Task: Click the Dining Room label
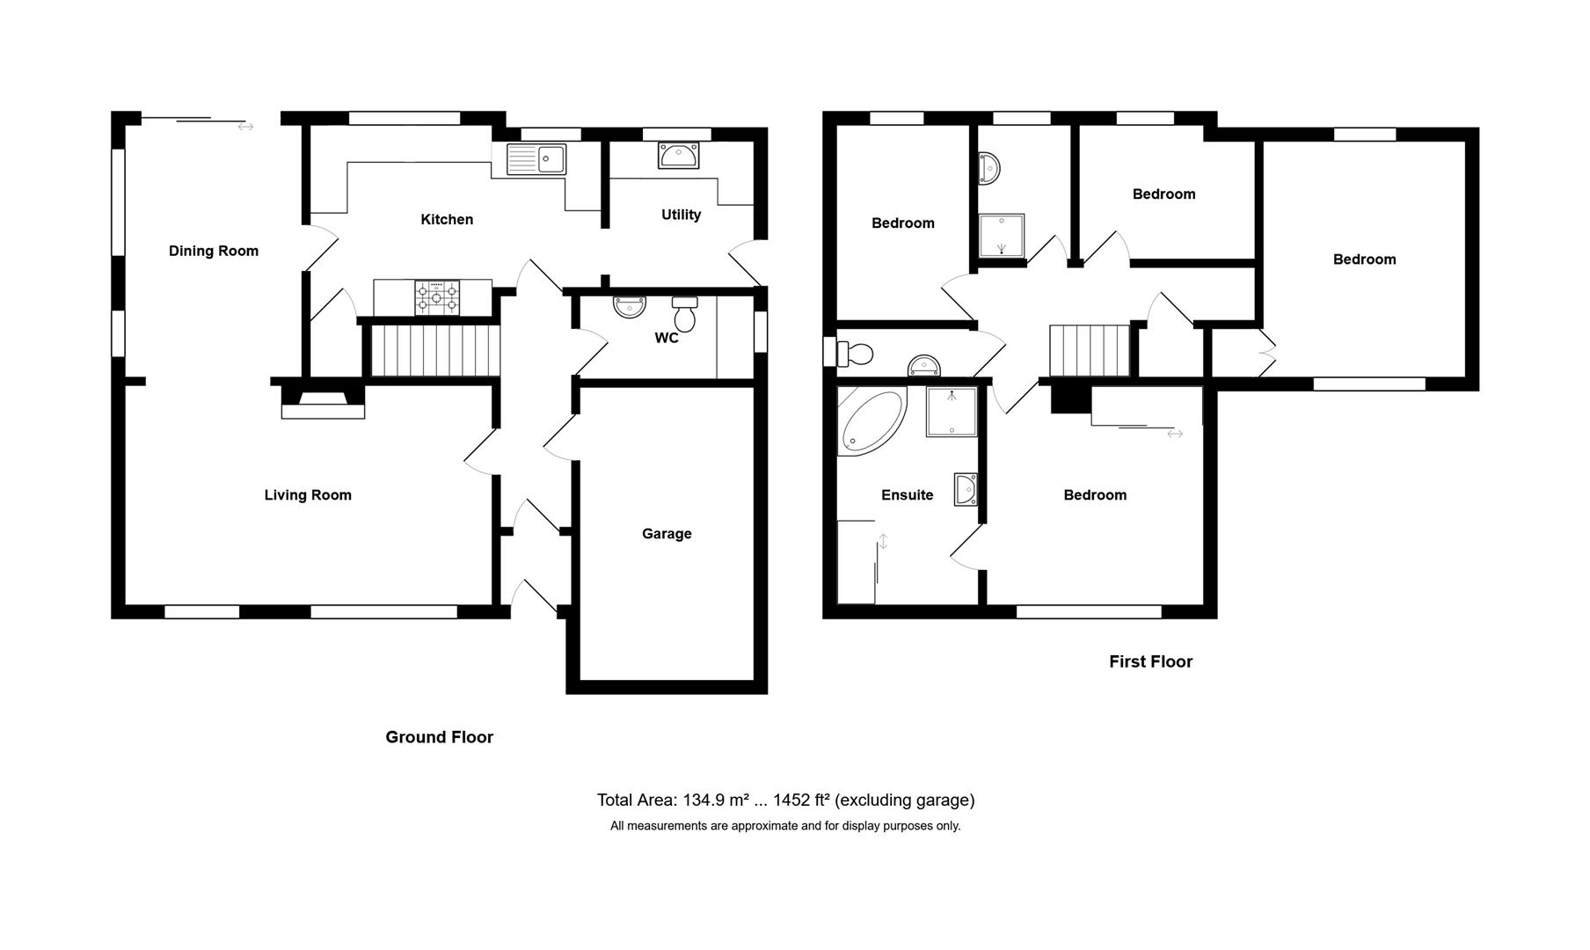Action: (214, 251)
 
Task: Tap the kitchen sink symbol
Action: (536, 160)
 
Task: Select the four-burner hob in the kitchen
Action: (437, 297)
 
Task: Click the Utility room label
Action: (681, 215)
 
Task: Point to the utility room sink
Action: (678, 157)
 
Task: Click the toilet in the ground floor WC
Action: (684, 313)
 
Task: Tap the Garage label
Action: (667, 534)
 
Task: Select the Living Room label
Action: (308, 495)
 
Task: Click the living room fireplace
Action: (323, 405)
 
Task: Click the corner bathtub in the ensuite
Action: (871, 421)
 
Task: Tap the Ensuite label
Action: (907, 495)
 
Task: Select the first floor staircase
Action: (1089, 350)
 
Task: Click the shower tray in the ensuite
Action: (952, 412)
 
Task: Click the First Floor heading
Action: (1150, 661)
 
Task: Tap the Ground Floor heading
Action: (439, 737)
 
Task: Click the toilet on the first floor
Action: (854, 354)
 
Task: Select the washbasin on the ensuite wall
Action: (966, 489)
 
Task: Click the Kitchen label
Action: (447, 220)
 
